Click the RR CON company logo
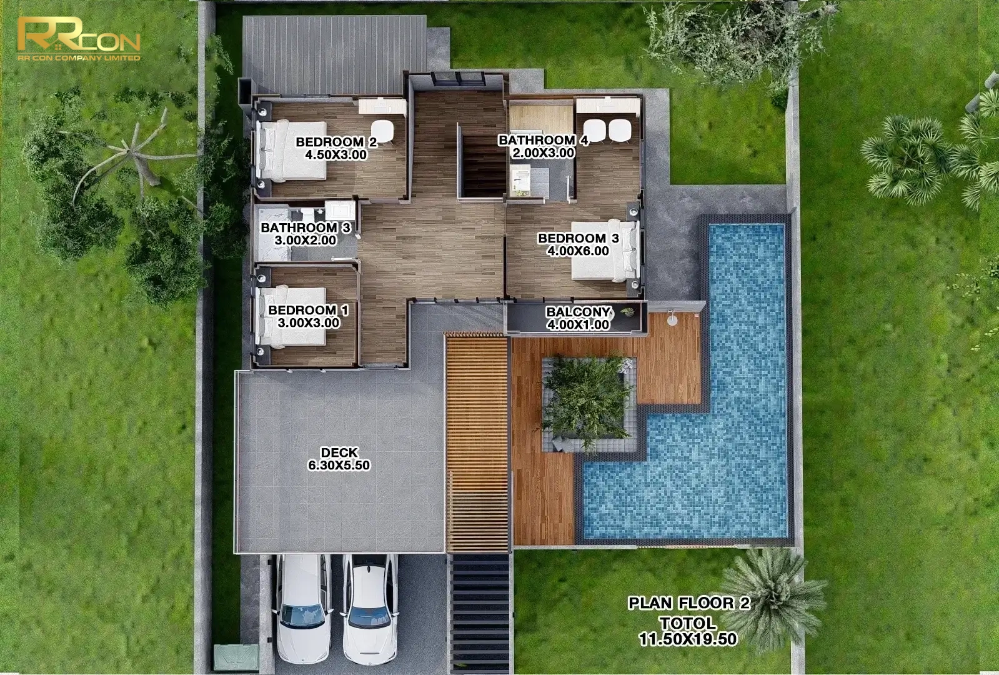pos(79,39)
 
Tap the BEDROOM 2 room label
pos(336,142)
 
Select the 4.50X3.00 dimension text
pos(336,155)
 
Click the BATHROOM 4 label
pos(543,140)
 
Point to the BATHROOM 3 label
pos(306,227)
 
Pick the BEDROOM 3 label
pos(578,238)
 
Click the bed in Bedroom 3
pos(605,251)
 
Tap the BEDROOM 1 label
pos(308,310)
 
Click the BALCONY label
pos(578,312)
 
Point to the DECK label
pos(339,453)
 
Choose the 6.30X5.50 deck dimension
pos(339,466)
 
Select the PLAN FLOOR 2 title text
pos(689,603)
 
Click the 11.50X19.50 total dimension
pos(688,639)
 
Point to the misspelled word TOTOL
pos(688,622)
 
